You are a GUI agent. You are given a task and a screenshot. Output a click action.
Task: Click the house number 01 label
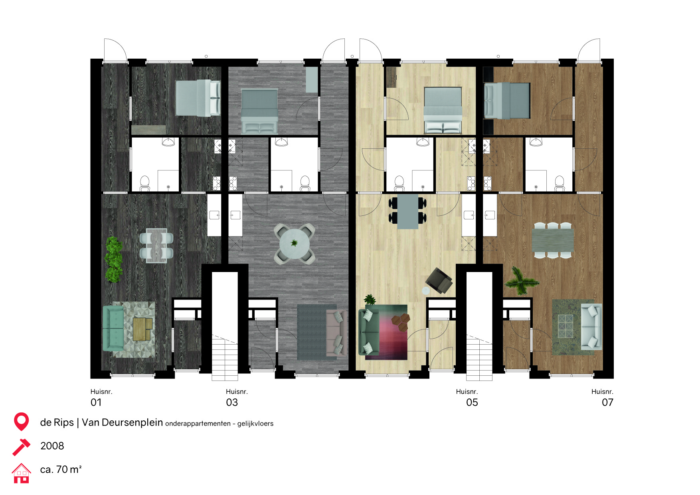[x=96, y=402]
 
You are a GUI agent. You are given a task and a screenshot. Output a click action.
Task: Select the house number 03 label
[x=232, y=402]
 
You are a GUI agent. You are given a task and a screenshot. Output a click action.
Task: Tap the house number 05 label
[x=472, y=402]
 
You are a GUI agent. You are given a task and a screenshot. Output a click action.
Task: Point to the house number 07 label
[x=607, y=402]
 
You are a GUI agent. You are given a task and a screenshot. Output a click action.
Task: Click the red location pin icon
[x=21, y=421]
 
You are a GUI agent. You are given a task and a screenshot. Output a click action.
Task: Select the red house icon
[x=21, y=473]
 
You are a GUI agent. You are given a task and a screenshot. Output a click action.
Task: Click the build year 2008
[x=52, y=446]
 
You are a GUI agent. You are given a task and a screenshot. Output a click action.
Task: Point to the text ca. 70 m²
[x=61, y=469]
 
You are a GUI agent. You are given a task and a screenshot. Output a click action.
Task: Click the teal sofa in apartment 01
[x=114, y=328]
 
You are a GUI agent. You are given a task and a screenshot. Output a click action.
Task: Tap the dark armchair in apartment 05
[x=439, y=280]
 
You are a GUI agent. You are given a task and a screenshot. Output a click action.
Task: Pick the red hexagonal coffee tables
[x=401, y=321]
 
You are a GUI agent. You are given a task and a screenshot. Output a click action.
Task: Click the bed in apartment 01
[x=198, y=98]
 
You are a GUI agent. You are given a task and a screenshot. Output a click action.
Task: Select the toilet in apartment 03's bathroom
[x=305, y=183]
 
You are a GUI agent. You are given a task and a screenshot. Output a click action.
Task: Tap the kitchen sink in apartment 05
[x=469, y=215]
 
